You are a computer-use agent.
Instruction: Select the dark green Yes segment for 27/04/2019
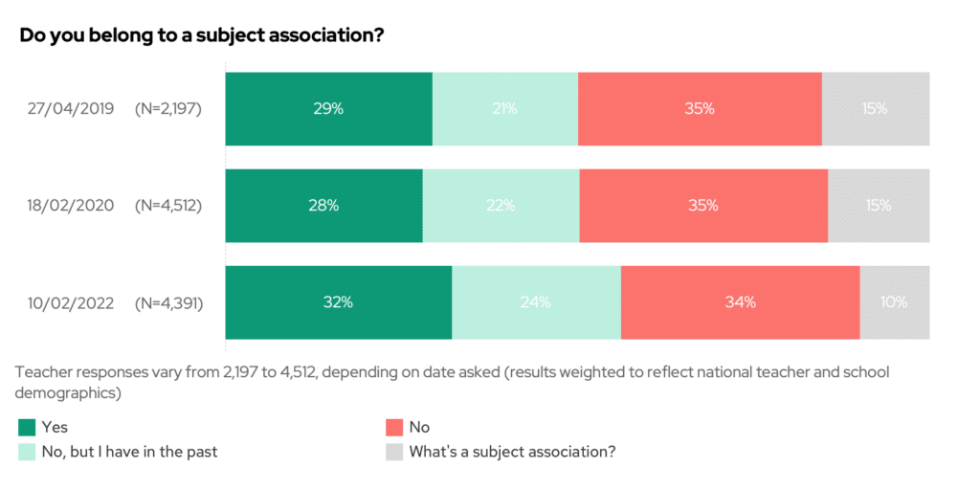pyautogui.click(x=328, y=109)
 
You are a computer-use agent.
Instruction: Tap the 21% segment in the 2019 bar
pyautogui.click(x=504, y=109)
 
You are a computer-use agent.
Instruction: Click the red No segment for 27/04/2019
pyautogui.click(x=700, y=109)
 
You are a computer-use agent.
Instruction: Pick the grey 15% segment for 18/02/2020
pyautogui.click(x=878, y=205)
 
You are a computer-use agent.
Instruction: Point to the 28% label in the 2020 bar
pyautogui.click(x=323, y=205)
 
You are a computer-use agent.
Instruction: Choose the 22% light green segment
pyautogui.click(x=501, y=205)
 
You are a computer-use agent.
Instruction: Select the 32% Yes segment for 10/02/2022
pyautogui.click(x=338, y=302)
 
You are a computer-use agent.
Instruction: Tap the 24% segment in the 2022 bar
pyautogui.click(x=536, y=302)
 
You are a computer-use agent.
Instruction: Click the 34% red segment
pyautogui.click(x=740, y=302)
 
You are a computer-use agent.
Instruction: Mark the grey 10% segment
pyautogui.click(x=894, y=302)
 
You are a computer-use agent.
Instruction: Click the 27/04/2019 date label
pyautogui.click(x=71, y=109)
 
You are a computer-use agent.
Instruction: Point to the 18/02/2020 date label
pyautogui.click(x=71, y=205)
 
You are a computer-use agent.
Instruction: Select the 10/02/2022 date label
pyautogui.click(x=71, y=302)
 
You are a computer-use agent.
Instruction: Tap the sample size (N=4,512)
pyautogui.click(x=168, y=205)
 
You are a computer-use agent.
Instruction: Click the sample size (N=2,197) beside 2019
pyautogui.click(x=168, y=109)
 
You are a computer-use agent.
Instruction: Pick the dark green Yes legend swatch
pyautogui.click(x=27, y=427)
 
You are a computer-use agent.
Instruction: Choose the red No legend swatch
pyautogui.click(x=393, y=427)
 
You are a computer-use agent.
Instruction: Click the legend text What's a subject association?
pyautogui.click(x=511, y=451)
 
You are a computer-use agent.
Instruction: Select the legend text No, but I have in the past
pyautogui.click(x=129, y=451)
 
